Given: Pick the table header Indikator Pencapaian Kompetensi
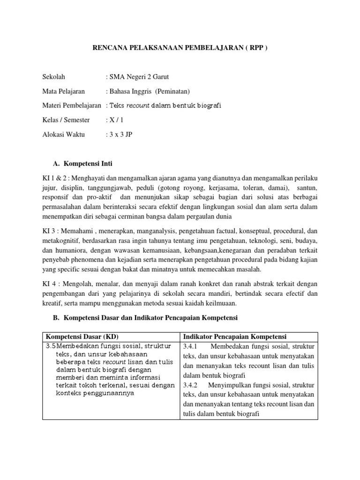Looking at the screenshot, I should click(235, 337).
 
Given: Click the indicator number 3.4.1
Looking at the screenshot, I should click(192, 346).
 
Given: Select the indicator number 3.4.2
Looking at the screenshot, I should click(192, 385).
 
